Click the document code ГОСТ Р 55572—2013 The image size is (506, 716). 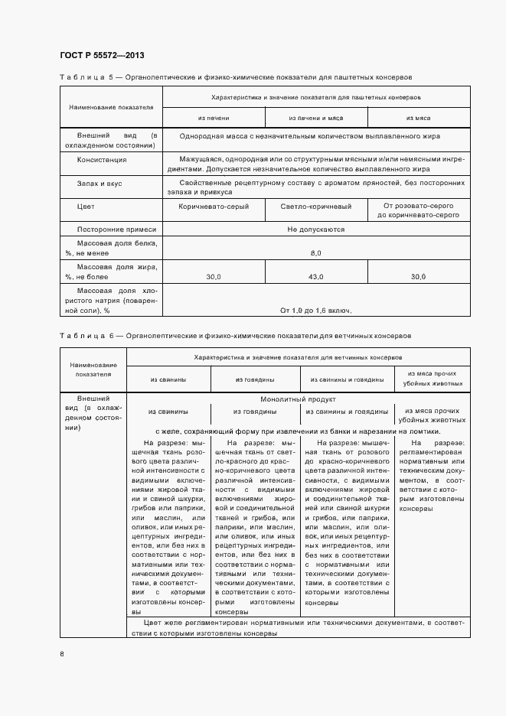click(x=102, y=56)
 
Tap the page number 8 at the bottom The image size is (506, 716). click(x=62, y=653)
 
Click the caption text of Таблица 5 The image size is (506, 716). click(x=236, y=77)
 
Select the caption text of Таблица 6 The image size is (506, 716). click(x=235, y=336)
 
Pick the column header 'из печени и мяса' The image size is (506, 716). click(x=316, y=119)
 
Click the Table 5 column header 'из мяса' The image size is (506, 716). click(x=418, y=119)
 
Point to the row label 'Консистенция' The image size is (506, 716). click(x=102, y=160)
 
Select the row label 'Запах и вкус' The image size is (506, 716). click(x=100, y=184)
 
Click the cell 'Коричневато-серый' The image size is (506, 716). click(x=214, y=207)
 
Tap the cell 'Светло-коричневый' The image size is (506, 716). click(x=316, y=207)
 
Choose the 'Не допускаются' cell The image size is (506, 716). click(x=316, y=229)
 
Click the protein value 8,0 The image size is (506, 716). click(x=316, y=252)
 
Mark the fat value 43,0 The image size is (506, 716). click(x=316, y=276)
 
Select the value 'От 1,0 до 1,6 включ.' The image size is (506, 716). click(x=316, y=310)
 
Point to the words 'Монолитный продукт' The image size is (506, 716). click(x=298, y=399)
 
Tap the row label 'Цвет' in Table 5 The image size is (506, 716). click(x=86, y=207)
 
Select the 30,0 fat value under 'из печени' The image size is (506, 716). click(x=214, y=276)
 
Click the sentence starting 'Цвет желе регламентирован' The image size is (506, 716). click(x=298, y=628)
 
